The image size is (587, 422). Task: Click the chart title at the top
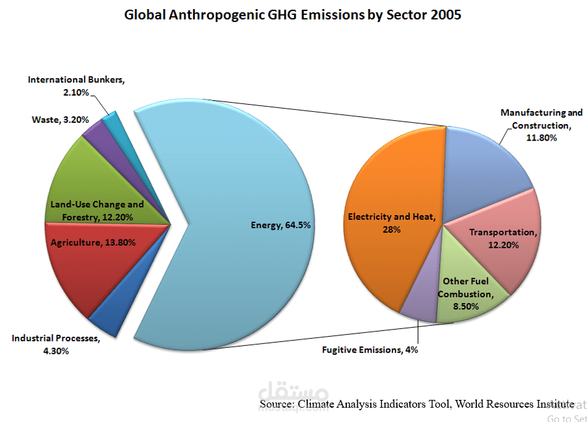(293, 14)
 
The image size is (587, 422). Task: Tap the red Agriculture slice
(98, 267)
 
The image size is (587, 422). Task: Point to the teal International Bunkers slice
(112, 121)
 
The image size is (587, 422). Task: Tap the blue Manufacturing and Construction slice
(488, 163)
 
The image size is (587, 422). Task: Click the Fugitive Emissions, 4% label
(370, 350)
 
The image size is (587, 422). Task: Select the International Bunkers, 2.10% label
(75, 86)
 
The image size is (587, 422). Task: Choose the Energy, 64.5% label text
(280, 225)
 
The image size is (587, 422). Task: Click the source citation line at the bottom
(416, 404)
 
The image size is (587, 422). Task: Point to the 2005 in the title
(445, 14)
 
